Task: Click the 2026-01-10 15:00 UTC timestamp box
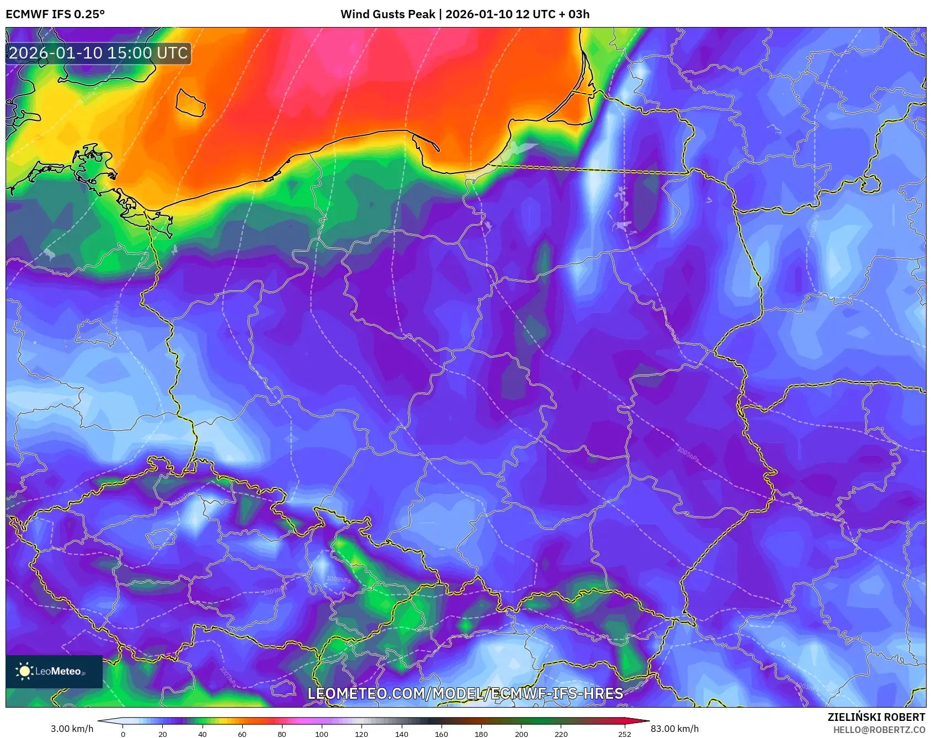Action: pyautogui.click(x=98, y=53)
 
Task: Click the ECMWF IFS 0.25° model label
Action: pyautogui.click(x=55, y=14)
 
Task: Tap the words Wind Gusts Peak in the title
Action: pyautogui.click(x=387, y=14)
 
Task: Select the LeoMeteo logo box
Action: pyautogui.click(x=54, y=671)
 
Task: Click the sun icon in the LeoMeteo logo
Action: pyautogui.click(x=24, y=671)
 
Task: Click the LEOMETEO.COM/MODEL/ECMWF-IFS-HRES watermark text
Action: pyautogui.click(x=465, y=693)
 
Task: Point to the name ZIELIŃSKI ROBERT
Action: pyautogui.click(x=876, y=717)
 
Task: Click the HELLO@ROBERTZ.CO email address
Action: pyautogui.click(x=879, y=730)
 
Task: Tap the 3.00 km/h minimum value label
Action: pyautogui.click(x=72, y=729)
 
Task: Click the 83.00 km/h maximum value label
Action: pyautogui.click(x=674, y=729)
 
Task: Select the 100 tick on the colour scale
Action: pyautogui.click(x=322, y=734)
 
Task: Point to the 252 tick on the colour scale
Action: pyautogui.click(x=624, y=734)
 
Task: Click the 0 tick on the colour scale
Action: pyautogui.click(x=123, y=734)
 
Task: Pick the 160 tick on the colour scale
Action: pyautogui.click(x=441, y=734)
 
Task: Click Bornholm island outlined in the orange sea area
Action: pyautogui.click(x=190, y=103)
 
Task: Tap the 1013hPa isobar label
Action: pyautogui.click(x=115, y=312)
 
